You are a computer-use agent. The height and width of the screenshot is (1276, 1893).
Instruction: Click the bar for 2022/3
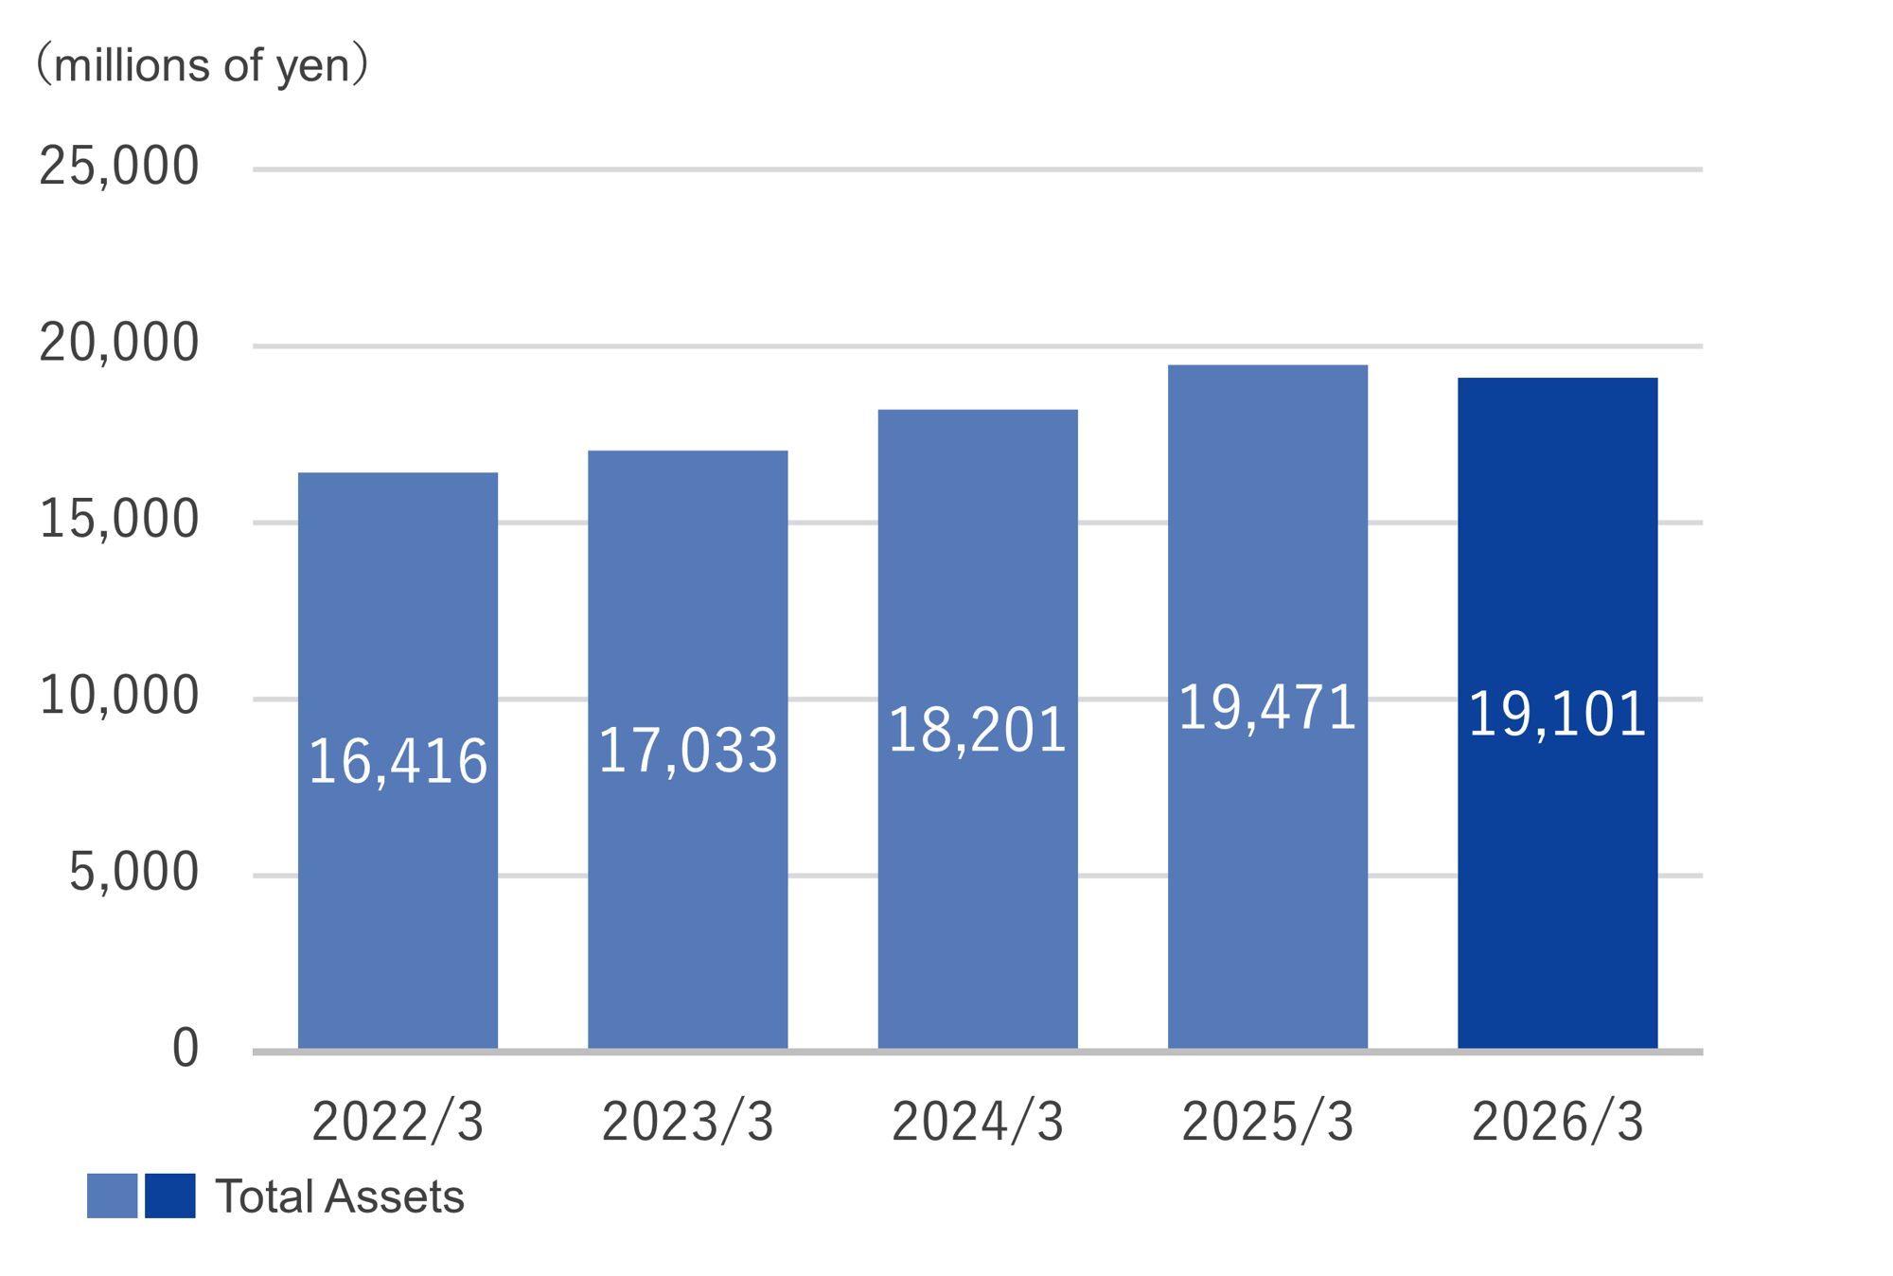pos(398,760)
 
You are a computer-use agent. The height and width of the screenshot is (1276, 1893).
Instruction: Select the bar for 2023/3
pos(688,750)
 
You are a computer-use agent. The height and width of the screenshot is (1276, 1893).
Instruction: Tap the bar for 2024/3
pos(978,729)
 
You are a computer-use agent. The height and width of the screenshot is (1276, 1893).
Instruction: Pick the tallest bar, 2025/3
pos(1267,706)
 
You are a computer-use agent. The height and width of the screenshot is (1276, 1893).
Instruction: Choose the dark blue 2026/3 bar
pos(1558,713)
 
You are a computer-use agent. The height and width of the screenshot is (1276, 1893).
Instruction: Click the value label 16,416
pos(398,761)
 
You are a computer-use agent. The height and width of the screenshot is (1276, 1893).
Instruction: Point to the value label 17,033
pos(688,751)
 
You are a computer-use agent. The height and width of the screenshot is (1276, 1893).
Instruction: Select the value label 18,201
pos(978,730)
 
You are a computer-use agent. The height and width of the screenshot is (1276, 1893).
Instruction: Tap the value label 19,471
pos(1267,707)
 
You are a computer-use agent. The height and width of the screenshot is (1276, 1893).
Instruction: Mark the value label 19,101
pos(1558,714)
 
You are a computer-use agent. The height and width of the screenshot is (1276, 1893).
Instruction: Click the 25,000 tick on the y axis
pos(119,167)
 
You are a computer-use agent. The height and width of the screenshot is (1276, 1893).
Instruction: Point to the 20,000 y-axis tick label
pos(119,343)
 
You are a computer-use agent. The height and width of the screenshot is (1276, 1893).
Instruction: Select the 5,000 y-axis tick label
pos(133,872)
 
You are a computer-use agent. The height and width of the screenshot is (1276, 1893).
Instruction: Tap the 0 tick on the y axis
pos(186,1049)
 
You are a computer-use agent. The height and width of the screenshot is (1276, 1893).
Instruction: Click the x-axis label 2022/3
pos(398,1123)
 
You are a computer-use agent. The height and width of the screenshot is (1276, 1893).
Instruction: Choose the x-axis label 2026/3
pos(1558,1123)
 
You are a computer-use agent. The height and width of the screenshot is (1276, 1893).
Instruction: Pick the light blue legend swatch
pos(113,1196)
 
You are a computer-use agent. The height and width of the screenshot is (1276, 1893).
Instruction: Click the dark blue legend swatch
pos(170,1196)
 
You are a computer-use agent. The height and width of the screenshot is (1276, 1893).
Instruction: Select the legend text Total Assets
pos(340,1196)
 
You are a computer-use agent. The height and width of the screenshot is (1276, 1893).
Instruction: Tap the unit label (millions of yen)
pos(202,65)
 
